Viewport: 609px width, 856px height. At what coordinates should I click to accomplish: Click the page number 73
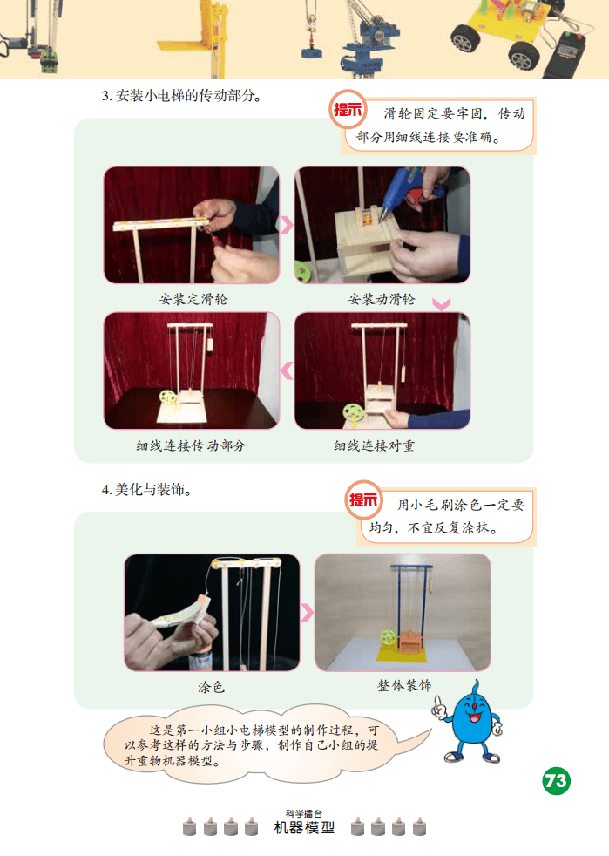coord(556,781)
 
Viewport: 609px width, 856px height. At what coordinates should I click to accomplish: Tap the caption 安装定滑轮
coord(193,299)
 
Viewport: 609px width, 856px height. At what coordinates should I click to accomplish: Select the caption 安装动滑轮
coord(382,299)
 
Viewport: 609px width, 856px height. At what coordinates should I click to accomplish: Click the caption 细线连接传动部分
coord(191,445)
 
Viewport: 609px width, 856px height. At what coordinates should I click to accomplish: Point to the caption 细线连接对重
coord(374,445)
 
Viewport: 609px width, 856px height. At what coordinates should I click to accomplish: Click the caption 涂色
coord(211,687)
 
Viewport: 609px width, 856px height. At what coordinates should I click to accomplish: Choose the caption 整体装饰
coord(403,686)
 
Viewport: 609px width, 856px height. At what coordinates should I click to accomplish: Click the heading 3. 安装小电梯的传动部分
coord(182,96)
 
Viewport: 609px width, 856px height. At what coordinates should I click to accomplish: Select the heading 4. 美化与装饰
coord(146,490)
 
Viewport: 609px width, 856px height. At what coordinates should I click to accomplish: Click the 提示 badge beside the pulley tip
coord(348,109)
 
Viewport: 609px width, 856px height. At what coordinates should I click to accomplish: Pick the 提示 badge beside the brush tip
coord(363,499)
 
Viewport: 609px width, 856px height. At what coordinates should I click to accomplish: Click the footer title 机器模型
coord(305,827)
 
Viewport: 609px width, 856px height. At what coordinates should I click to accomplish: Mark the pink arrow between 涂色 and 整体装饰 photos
coord(308,612)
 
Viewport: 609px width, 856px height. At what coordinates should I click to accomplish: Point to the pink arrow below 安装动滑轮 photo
coord(442,304)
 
